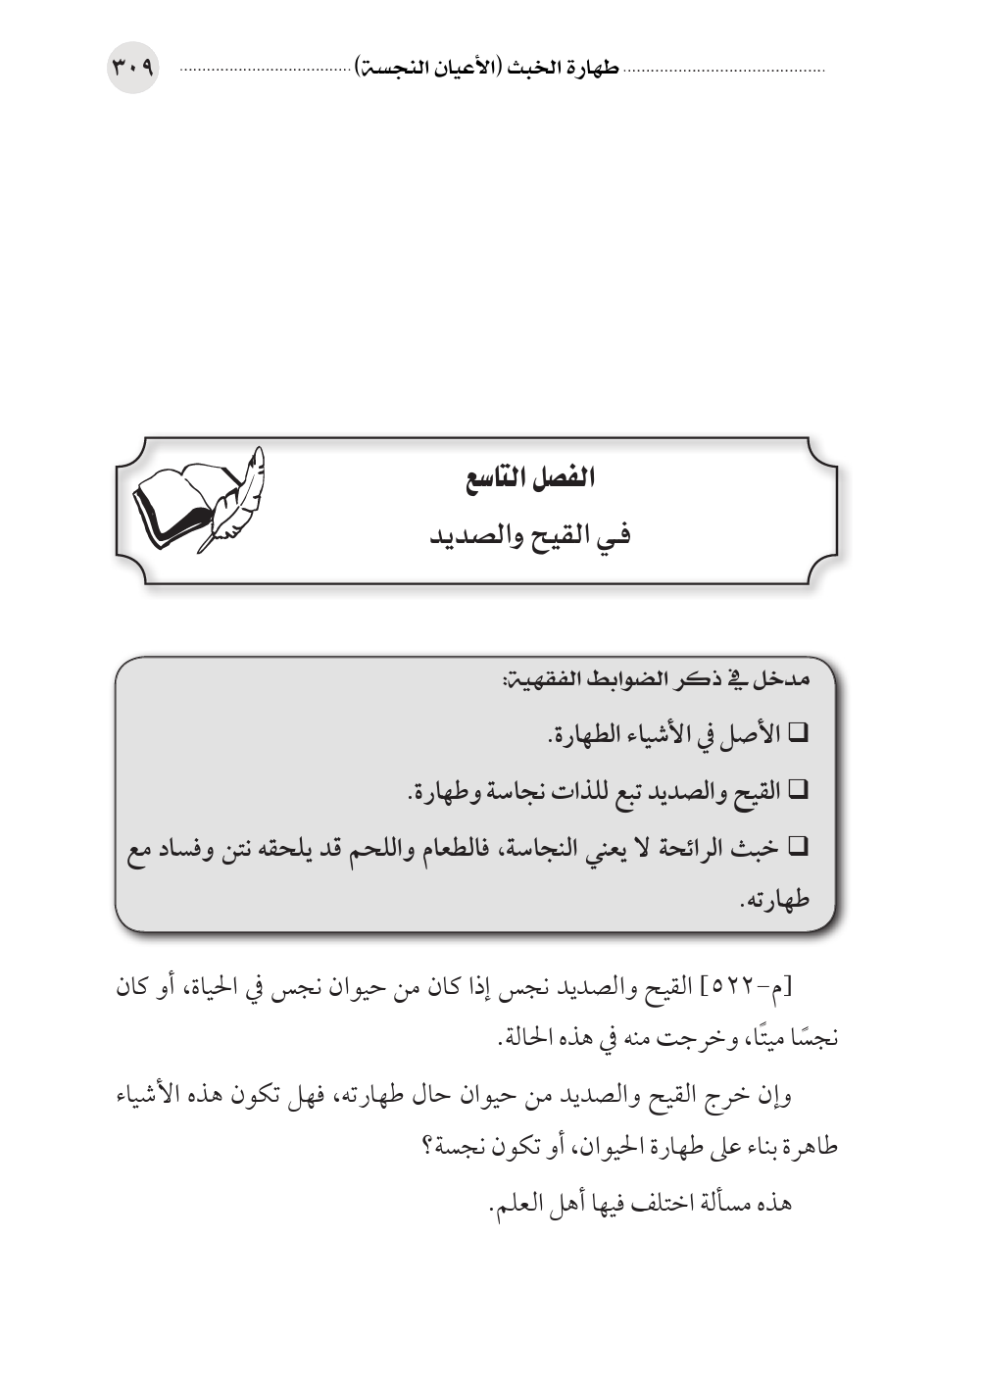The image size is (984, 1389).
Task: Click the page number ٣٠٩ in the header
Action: (x=132, y=70)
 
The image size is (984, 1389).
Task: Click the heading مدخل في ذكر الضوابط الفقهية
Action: (x=656, y=679)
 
